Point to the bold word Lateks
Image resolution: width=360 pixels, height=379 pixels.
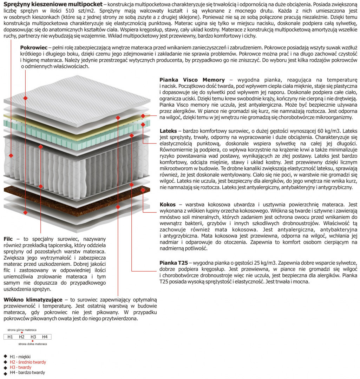click(168, 131)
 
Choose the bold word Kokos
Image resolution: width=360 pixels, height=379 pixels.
click(168, 204)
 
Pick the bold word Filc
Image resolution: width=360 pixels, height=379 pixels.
click(8, 239)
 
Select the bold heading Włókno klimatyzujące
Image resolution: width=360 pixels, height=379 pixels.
click(33, 300)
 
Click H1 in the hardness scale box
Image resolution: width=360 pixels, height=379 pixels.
click(10, 337)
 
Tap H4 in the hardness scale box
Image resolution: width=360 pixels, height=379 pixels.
click(45, 337)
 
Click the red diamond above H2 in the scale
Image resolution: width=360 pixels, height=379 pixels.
click(22, 333)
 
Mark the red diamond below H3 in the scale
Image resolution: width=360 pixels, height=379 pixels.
click(33, 341)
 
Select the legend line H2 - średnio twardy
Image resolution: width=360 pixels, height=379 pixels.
click(28, 362)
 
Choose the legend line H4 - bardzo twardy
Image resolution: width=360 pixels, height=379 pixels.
click(27, 372)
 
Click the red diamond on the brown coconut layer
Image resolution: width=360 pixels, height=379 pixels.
click(143, 190)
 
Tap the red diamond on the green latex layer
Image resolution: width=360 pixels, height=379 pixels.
click(143, 124)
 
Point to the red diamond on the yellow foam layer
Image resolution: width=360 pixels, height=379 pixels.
click(143, 116)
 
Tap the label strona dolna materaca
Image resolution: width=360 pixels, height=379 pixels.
click(32, 344)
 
